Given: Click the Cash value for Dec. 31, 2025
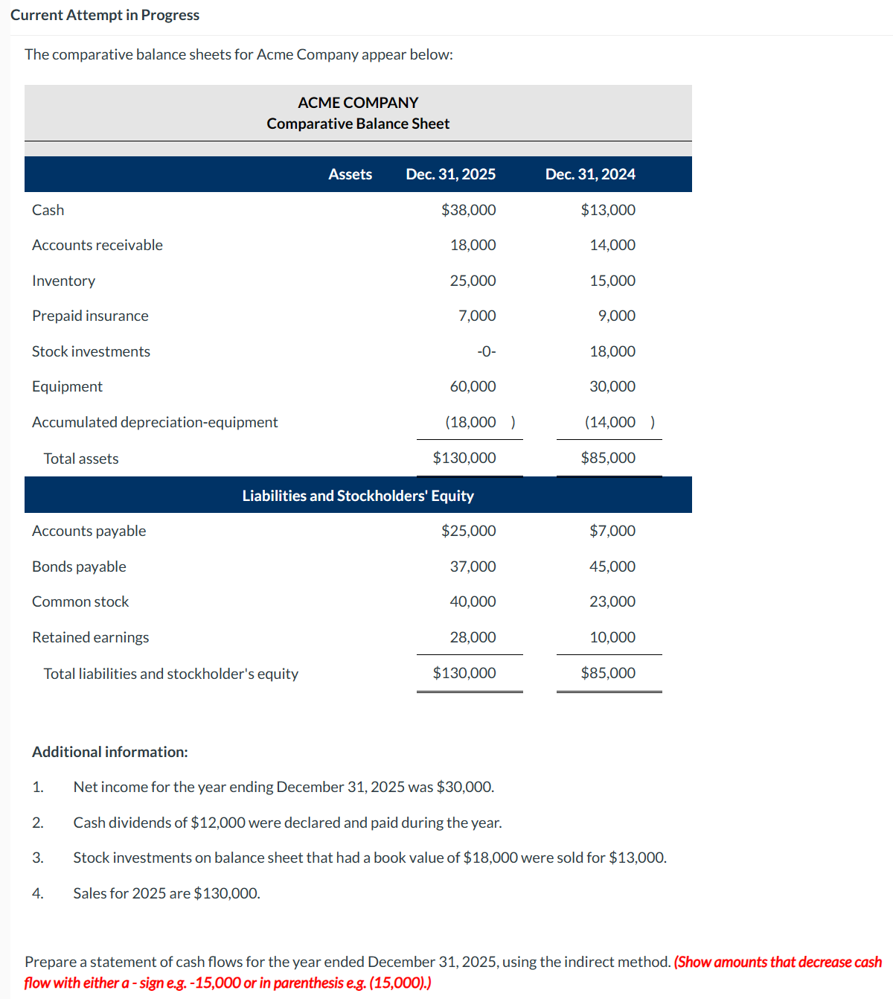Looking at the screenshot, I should (x=468, y=210).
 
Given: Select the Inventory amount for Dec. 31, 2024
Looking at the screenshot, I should (x=612, y=281).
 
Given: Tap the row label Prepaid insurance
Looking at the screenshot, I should (x=90, y=316).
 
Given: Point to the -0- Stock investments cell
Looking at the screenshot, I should (x=486, y=351).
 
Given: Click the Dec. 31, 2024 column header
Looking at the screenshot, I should (x=589, y=174).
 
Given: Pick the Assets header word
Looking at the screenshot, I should (x=350, y=174).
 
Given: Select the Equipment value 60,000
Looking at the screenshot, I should (x=473, y=386).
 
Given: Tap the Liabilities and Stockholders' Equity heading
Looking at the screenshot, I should (x=358, y=496).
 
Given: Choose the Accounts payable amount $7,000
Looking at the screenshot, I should (x=612, y=531).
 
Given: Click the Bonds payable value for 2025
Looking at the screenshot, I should (x=473, y=566).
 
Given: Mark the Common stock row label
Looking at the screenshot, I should (x=80, y=601).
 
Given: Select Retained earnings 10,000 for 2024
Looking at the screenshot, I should (x=612, y=637).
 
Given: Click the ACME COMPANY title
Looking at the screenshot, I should (x=358, y=103).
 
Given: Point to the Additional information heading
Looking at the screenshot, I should (x=109, y=752).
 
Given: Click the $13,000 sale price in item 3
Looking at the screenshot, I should (x=636, y=858).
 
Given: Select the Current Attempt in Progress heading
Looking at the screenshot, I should (x=105, y=15).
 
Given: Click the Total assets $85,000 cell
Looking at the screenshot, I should (x=607, y=458).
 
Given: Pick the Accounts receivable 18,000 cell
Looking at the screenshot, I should (x=473, y=245).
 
